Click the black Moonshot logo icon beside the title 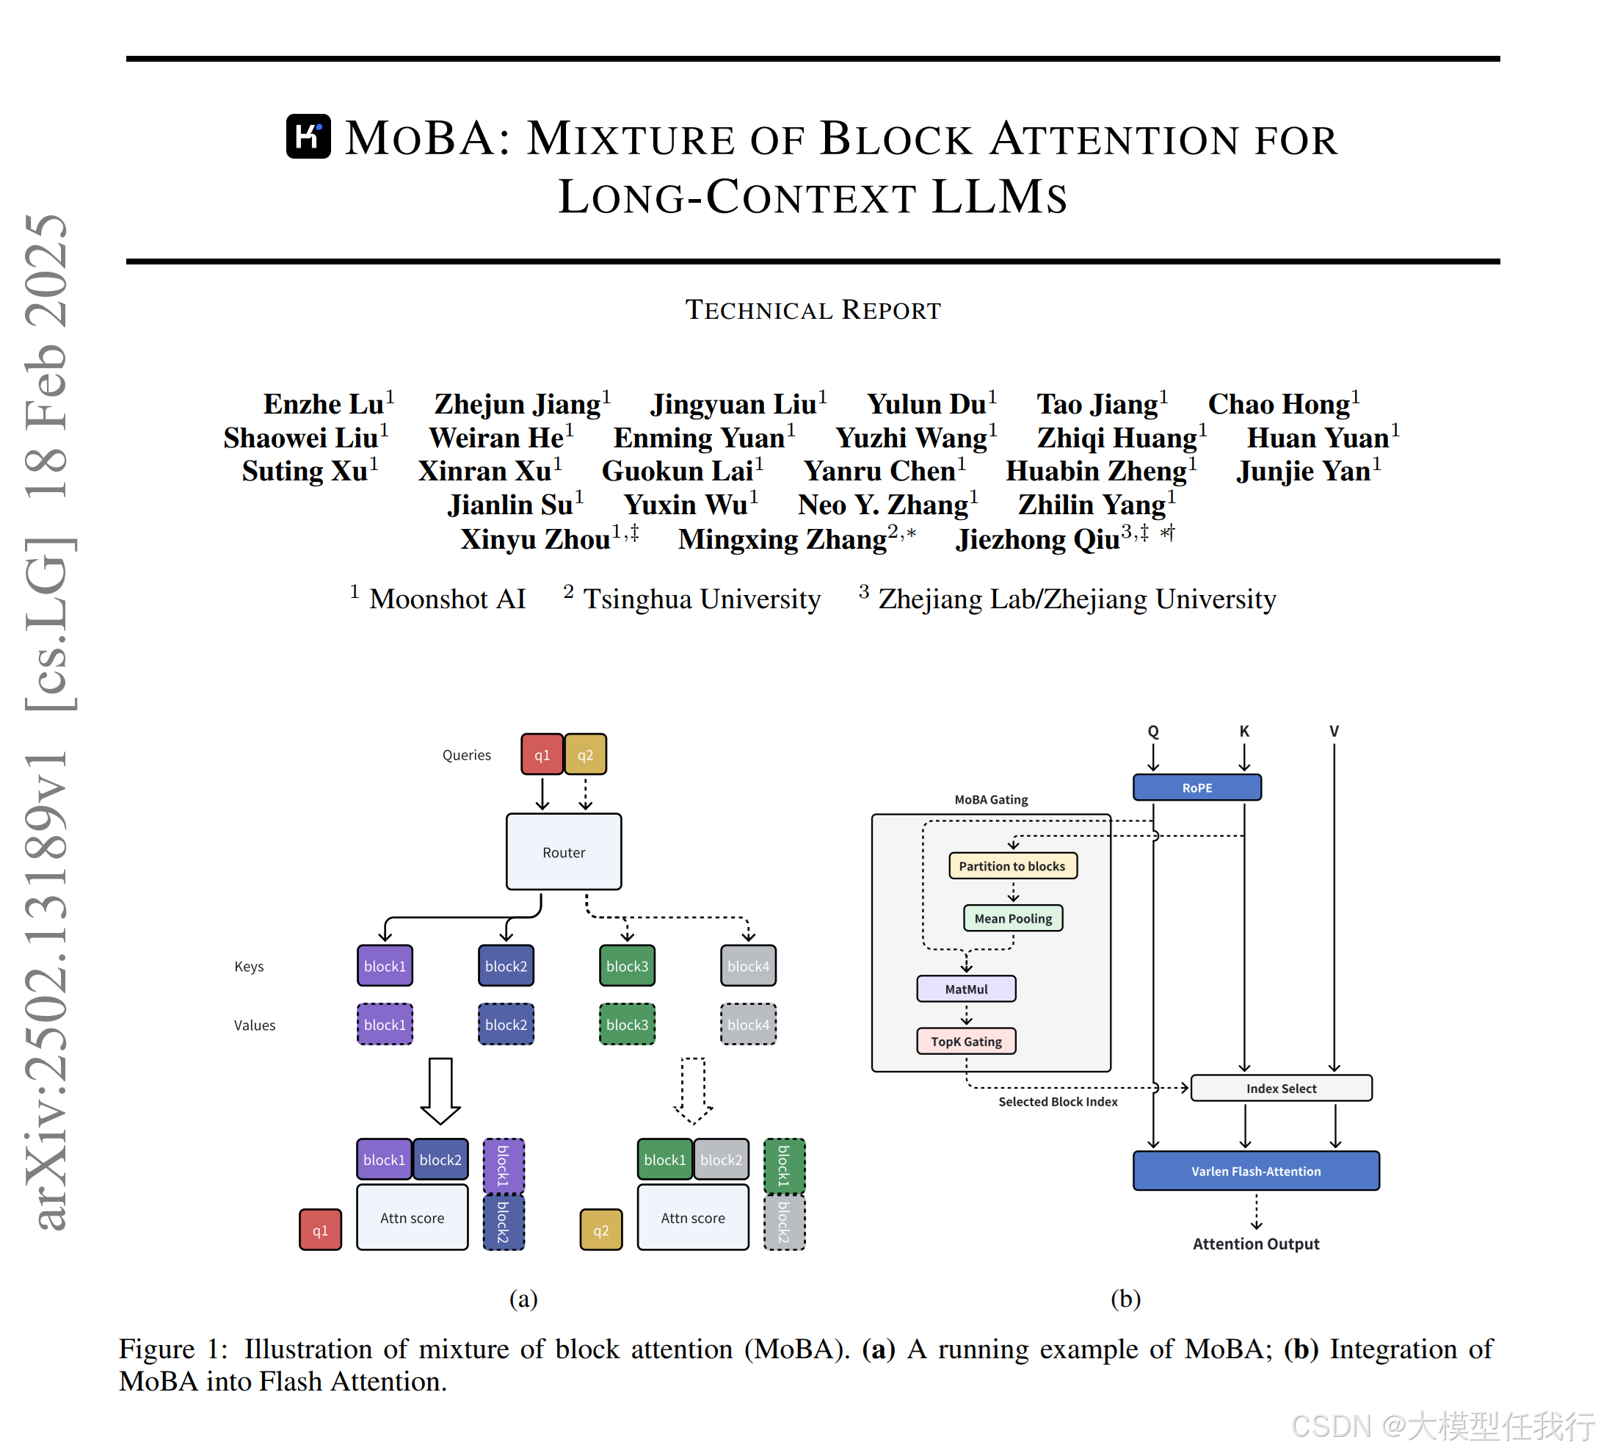click(x=308, y=137)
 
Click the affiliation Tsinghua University click(x=701, y=599)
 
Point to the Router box click(x=564, y=852)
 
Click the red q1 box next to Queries click(x=542, y=754)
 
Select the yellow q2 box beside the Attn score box click(x=601, y=1230)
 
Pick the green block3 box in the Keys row click(x=627, y=965)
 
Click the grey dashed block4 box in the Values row click(x=747, y=1024)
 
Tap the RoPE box click(x=1196, y=787)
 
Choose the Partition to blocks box click(x=1012, y=865)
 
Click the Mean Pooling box click(x=1012, y=917)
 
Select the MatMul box click(x=965, y=988)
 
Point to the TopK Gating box click(x=965, y=1041)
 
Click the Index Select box click(x=1280, y=1088)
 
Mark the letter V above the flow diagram click(x=1334, y=731)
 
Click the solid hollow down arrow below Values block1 click(x=440, y=1091)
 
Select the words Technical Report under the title click(x=813, y=310)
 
